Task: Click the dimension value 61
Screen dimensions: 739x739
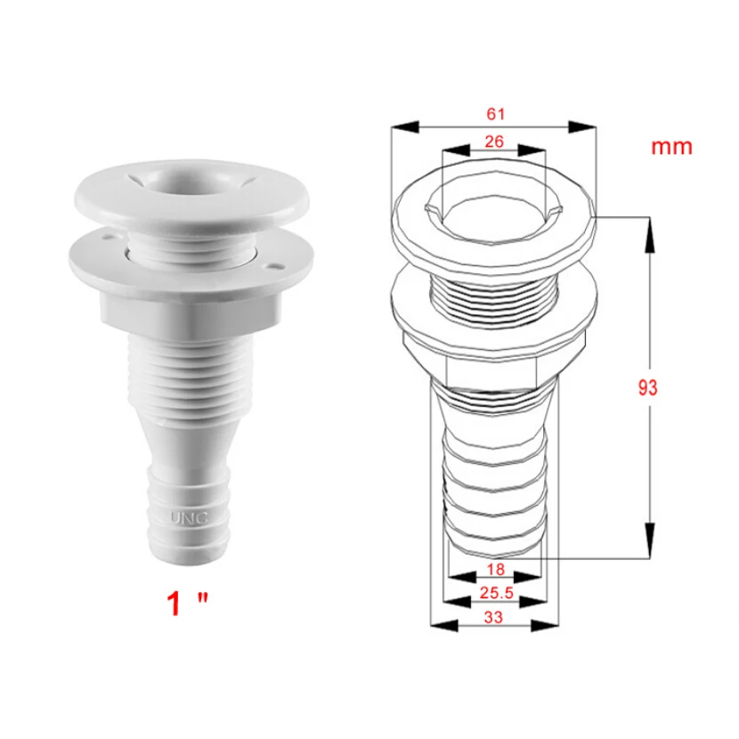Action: pyautogui.click(x=495, y=114)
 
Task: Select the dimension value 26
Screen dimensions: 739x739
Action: pyautogui.click(x=494, y=142)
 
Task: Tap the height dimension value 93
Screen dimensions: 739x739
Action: pyautogui.click(x=647, y=388)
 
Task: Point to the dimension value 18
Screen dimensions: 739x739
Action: pyautogui.click(x=495, y=569)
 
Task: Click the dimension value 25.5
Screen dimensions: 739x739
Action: pyautogui.click(x=496, y=593)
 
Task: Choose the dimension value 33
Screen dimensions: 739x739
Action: pyautogui.click(x=493, y=617)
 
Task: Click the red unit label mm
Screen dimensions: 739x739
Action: pyautogui.click(x=671, y=147)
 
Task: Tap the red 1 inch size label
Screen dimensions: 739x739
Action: pyautogui.click(x=187, y=604)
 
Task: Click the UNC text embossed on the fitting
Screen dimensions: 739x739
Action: pyautogui.click(x=189, y=518)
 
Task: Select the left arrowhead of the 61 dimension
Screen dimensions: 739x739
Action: pyautogui.click(x=405, y=126)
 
